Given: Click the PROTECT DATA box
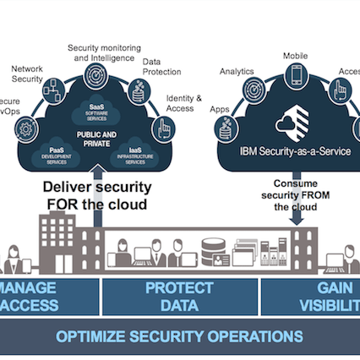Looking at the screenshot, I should (178, 297).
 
